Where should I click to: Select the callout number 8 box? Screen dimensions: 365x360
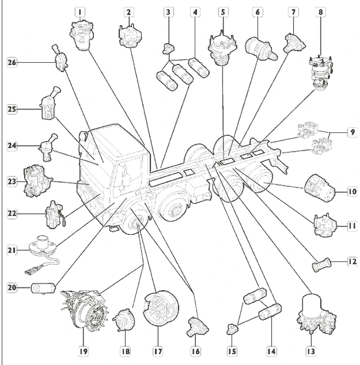[321, 11]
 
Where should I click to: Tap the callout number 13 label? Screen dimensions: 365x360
[310, 351]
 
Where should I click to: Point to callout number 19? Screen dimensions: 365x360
[83, 351]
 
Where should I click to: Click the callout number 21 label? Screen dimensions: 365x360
[12, 248]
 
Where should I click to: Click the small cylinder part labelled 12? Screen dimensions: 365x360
[320, 263]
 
